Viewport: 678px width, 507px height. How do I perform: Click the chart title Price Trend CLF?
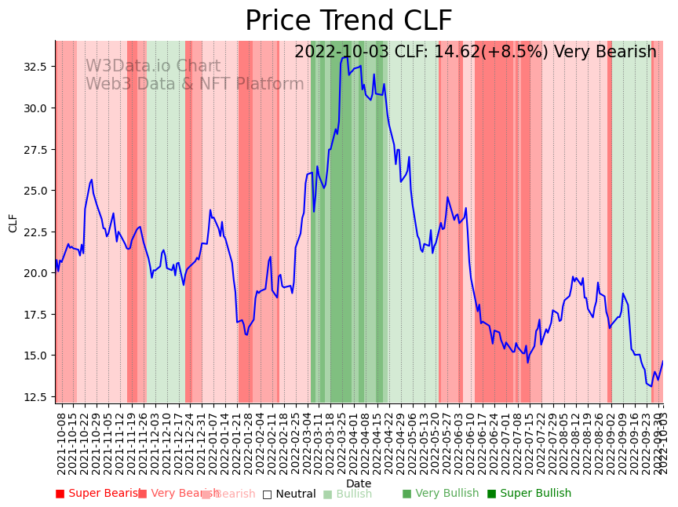348,21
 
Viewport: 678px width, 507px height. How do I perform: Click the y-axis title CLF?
13,223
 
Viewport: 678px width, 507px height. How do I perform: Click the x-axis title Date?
359,483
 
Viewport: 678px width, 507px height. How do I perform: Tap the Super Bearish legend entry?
100,494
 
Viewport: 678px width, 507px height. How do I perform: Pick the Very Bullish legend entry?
440,494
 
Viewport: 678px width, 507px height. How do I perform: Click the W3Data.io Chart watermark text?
153,67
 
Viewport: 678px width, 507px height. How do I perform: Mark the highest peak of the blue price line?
346,57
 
